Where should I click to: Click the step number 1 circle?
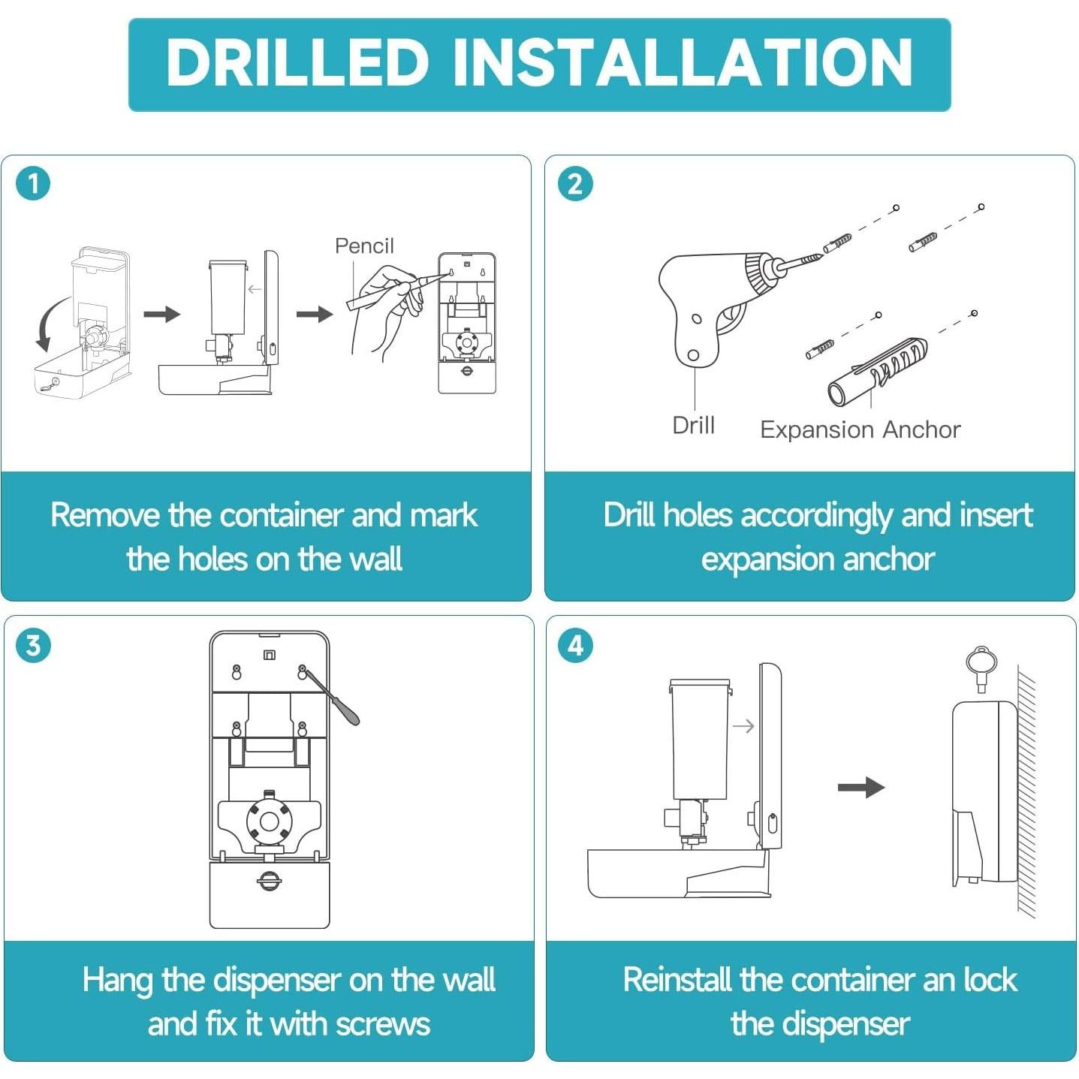[34, 184]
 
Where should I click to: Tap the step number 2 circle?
[575, 184]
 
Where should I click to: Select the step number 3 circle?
[34, 645]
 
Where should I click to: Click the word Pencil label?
[364, 246]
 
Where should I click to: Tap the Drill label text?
[693, 425]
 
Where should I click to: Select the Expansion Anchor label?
[860, 429]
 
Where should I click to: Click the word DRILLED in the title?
[297, 63]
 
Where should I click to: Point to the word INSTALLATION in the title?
[683, 63]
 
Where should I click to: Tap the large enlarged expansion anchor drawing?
[876, 372]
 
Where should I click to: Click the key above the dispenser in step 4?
[981, 668]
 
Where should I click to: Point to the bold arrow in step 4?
[861, 787]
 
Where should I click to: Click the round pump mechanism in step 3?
[270, 821]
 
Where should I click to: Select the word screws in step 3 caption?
[383, 1024]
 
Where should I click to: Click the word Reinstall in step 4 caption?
[677, 980]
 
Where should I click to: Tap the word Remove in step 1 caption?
[104, 515]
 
